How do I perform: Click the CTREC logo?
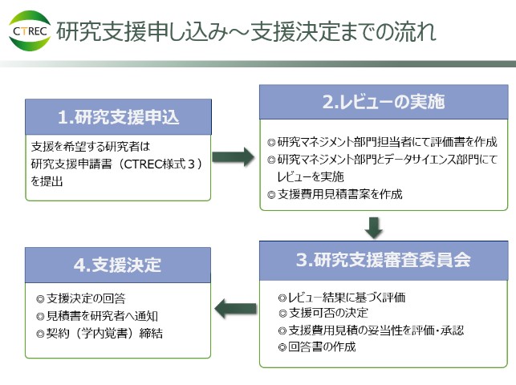pyautogui.click(x=30, y=31)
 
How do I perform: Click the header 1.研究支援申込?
pyautogui.click(x=119, y=117)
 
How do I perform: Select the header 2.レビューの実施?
pyautogui.click(x=384, y=102)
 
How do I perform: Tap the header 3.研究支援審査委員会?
pyautogui.click(x=384, y=261)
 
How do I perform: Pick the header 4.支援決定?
pyautogui.click(x=118, y=265)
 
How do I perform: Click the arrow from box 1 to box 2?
pyautogui.click(x=233, y=157)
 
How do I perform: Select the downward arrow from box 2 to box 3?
pyautogui.click(x=373, y=228)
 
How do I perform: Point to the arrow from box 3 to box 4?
pyautogui.click(x=235, y=308)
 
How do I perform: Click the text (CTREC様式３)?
pyautogui.click(x=160, y=164)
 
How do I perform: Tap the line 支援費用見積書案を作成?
pyautogui.click(x=340, y=194)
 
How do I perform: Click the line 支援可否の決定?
pyautogui.click(x=328, y=313)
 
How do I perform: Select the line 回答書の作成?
pyautogui.click(x=322, y=346)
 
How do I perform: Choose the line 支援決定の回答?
pyautogui.click(x=86, y=298)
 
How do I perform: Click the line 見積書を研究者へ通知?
pyautogui.click(x=102, y=316)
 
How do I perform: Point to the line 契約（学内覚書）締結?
pyautogui.click(x=104, y=334)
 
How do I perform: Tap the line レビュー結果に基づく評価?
pyautogui.click(x=347, y=298)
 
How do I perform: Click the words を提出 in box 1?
pyautogui.click(x=47, y=181)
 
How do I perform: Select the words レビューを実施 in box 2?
pyautogui.click(x=311, y=177)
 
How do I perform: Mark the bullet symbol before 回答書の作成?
pyautogui.click(x=282, y=347)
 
